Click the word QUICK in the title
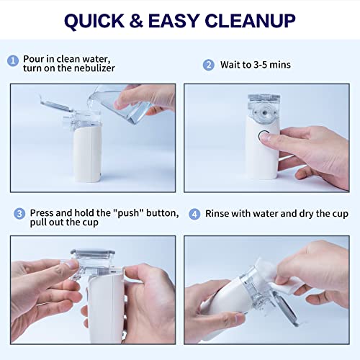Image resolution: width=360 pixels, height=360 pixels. click(x=94, y=21)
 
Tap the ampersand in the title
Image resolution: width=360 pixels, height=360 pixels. click(x=136, y=20)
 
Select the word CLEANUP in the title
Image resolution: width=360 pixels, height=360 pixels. click(x=250, y=21)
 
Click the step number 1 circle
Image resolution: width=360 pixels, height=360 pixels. click(x=13, y=60)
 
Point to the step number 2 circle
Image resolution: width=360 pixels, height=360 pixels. click(x=209, y=65)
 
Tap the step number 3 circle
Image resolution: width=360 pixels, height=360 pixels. click(x=19, y=214)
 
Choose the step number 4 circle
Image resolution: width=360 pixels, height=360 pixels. click(x=194, y=214)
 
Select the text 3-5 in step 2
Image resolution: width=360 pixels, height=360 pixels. click(x=261, y=65)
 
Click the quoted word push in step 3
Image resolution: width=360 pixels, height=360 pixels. click(x=128, y=213)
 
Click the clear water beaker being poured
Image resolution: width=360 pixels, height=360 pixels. click(x=120, y=103)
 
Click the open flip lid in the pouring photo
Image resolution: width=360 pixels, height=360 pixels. click(x=55, y=105)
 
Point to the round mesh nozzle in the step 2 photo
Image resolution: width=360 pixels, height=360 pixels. click(x=265, y=112)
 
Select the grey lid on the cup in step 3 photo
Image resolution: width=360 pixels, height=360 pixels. click(x=93, y=253)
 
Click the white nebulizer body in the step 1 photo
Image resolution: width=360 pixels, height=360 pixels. click(x=87, y=153)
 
